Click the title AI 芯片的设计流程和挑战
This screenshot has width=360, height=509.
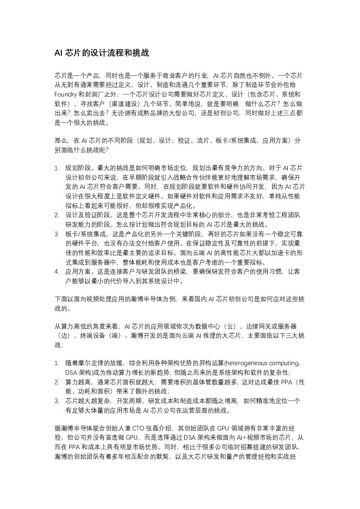click(101, 53)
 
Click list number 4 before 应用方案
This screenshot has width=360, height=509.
click(57, 272)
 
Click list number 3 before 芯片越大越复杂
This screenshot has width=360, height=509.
click(57, 401)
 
